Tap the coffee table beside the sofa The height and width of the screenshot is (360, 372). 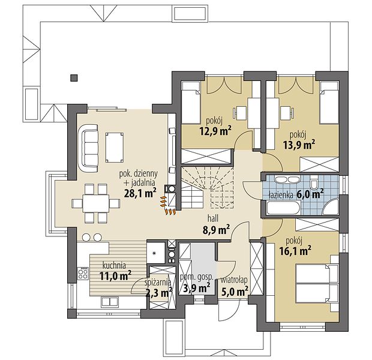115,148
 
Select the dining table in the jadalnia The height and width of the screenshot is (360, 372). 96,203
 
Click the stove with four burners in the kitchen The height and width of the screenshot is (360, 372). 83,273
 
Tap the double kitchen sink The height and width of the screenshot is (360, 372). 110,302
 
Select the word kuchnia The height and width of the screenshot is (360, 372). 114,265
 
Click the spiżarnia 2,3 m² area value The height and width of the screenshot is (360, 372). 159,293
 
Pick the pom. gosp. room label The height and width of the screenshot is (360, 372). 197,277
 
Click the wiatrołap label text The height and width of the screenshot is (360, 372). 234,280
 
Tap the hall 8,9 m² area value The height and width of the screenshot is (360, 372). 216,230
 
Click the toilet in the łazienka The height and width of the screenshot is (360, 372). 314,183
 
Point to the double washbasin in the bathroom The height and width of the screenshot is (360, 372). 286,179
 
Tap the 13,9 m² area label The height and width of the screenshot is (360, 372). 299,144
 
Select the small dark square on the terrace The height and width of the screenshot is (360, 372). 74,78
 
